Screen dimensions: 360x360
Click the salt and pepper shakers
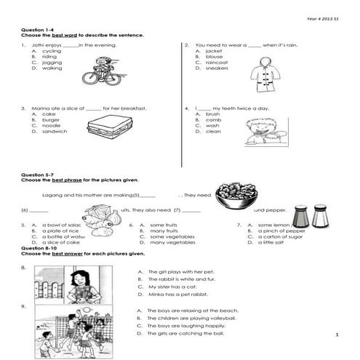(x=309, y=215)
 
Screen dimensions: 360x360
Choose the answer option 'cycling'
(x=52, y=51)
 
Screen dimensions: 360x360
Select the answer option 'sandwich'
(x=55, y=132)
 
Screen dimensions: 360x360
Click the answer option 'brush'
(x=212, y=114)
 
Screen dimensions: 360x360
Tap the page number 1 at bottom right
(x=338, y=335)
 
